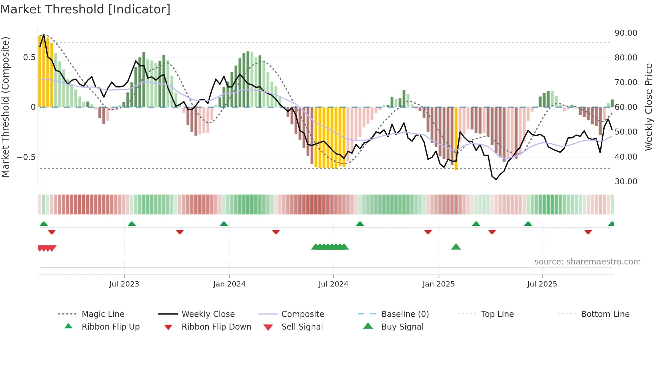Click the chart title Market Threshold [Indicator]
85,9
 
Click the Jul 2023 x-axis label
124,284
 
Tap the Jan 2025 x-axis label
438,284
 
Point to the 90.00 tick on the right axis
626,33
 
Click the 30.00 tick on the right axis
626,182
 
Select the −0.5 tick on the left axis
26,157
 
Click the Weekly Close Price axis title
648,107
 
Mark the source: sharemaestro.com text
587,262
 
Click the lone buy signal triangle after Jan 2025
456,247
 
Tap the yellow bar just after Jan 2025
456,139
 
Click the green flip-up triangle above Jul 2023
132,224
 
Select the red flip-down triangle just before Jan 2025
428,232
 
